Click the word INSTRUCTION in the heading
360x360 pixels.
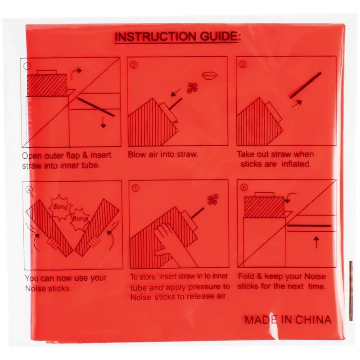156,37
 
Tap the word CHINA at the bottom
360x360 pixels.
313,320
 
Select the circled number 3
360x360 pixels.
243,64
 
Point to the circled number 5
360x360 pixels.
136,189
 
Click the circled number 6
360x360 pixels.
244,188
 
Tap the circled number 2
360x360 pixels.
134,65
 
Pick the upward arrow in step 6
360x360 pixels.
316,243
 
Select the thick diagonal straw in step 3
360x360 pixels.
306,85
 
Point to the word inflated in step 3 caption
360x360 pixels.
297,164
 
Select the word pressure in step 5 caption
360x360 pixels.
200,287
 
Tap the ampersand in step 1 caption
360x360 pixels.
85,155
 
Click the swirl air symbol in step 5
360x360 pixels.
213,199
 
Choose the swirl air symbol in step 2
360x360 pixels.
193,88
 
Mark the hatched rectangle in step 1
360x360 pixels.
47,85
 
